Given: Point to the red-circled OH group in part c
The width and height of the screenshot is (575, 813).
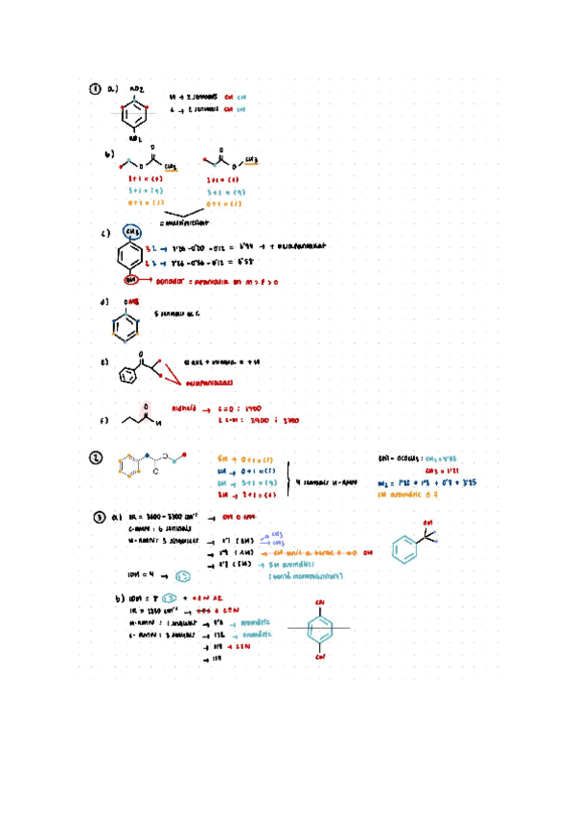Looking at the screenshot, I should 132,280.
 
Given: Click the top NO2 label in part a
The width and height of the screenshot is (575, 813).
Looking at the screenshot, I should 135,89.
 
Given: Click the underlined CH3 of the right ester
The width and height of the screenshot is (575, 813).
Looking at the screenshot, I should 252,160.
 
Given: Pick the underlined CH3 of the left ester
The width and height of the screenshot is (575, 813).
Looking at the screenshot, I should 171,166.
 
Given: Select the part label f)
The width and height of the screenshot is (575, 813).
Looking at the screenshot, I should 104,420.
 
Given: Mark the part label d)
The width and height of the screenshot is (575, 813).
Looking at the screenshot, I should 104,304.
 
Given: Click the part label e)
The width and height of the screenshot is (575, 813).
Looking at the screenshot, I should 104,363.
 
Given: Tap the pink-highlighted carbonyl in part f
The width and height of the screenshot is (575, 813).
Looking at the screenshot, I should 146,408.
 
